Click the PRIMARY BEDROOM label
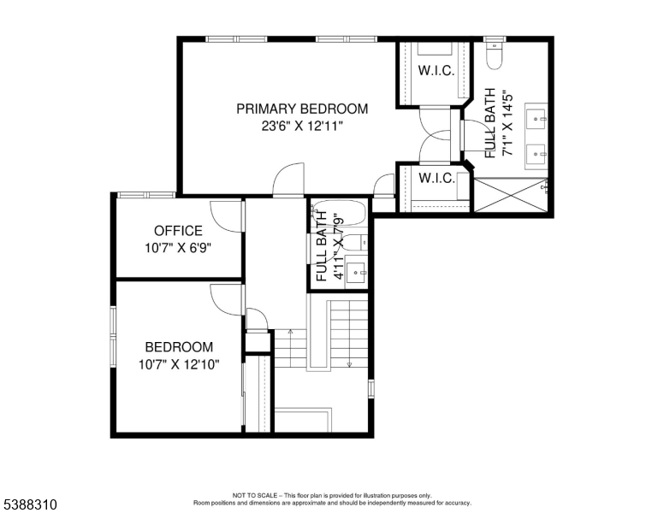pos(302,109)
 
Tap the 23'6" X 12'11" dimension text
pos(301,127)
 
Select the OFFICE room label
pos(178,231)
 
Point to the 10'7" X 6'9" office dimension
pos(178,248)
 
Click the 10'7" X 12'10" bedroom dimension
pos(179,364)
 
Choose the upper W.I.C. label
pos(436,70)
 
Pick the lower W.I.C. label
pos(436,178)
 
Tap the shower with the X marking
pos(510,194)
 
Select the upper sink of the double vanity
pos(537,116)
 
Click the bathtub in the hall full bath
pos(338,215)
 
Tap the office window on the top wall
pos(146,195)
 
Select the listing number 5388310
pos(30,504)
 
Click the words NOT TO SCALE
pos(255,495)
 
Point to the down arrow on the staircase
pos(349,363)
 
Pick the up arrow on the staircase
pos(291,333)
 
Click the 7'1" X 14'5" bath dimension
pos(507,123)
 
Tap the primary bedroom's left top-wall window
pos(237,39)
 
